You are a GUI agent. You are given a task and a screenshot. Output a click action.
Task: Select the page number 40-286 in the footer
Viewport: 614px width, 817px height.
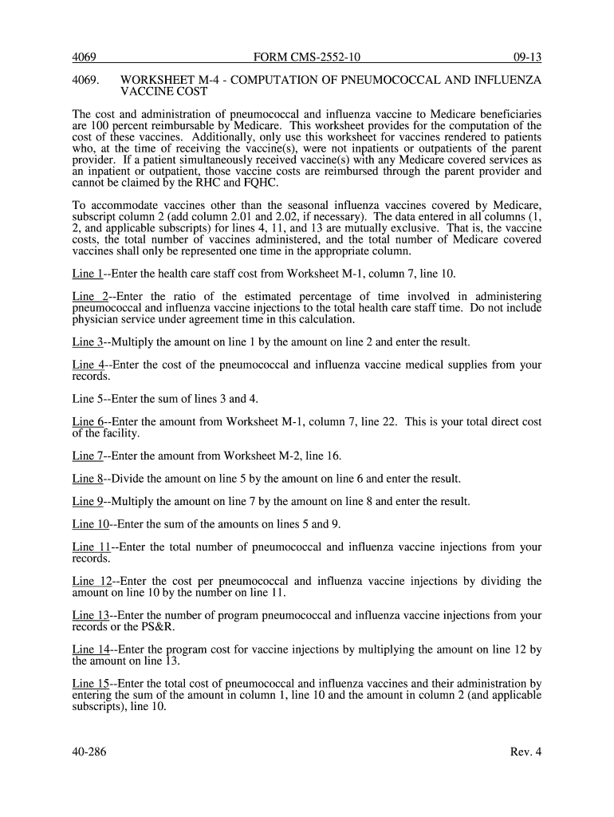89,751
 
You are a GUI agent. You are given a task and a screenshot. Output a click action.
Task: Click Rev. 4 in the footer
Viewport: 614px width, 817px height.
526,751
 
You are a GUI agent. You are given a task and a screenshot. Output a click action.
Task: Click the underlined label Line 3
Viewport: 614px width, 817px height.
87,342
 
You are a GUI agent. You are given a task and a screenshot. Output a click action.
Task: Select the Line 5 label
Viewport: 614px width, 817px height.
87,399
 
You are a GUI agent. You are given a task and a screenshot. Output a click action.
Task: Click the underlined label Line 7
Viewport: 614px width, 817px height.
87,456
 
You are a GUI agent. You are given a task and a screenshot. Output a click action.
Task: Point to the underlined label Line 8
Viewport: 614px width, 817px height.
87,479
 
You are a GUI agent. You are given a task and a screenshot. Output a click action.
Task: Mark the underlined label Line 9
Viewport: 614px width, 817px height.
87,502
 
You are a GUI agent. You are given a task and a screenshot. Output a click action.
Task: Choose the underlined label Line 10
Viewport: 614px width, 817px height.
90,524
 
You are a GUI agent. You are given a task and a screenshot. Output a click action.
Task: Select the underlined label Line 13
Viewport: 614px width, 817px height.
90,615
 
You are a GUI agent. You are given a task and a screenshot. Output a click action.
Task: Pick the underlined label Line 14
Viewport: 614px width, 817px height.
90,649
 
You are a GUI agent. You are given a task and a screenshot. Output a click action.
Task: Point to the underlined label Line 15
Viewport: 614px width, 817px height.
90,684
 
